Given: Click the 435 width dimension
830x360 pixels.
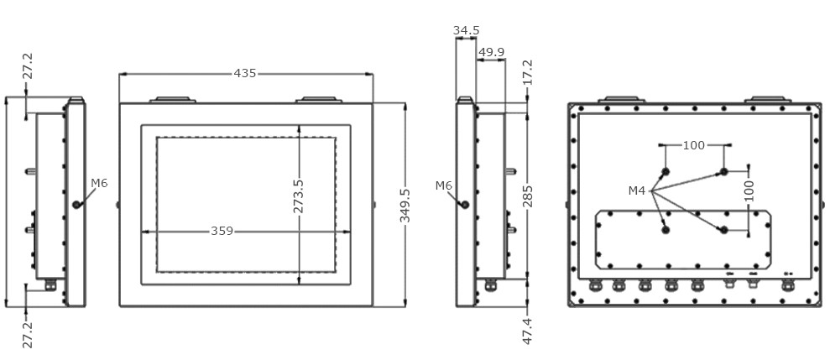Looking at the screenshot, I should tap(244, 74).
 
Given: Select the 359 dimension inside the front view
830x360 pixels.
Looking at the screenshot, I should tap(222, 231).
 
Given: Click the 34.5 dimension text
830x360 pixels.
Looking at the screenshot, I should tap(466, 31).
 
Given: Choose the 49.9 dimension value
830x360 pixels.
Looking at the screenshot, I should tap(491, 52).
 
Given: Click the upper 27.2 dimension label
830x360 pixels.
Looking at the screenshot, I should tap(27, 68).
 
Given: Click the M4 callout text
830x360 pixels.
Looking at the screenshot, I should tap(637, 191).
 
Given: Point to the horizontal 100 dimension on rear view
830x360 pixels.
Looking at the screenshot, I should tap(694, 145).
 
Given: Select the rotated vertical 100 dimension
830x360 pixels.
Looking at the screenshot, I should tap(749, 190).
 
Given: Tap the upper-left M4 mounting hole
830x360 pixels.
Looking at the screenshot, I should tap(665, 173).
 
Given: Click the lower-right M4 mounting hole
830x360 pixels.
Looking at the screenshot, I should tap(723, 230).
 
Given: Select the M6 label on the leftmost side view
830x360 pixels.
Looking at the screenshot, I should tap(99, 183).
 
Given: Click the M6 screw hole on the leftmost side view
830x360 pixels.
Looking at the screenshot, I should tap(76, 204).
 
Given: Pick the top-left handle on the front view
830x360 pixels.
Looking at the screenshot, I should tap(172, 100).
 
